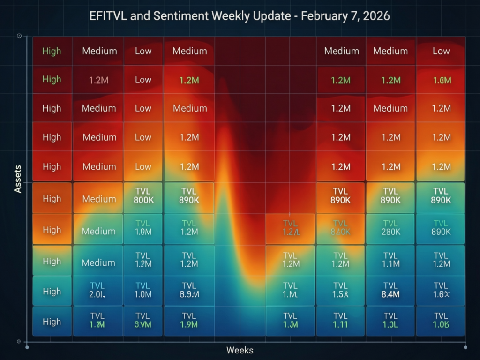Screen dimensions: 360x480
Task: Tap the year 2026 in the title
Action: point(373,15)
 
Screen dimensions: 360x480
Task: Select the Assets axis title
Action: point(18,179)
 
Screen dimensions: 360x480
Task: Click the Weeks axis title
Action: point(240,350)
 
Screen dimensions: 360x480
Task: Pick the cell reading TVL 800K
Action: point(143,195)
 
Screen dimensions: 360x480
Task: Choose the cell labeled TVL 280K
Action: point(390,227)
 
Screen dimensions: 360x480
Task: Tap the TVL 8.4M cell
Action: point(390,290)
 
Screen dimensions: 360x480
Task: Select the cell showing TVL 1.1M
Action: point(390,259)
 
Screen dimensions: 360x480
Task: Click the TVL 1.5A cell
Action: point(340,290)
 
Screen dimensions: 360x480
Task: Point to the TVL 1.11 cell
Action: point(340,320)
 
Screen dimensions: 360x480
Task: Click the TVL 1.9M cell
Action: point(189,320)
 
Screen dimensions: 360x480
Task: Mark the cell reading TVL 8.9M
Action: point(189,290)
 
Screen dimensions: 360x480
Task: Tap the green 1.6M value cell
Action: point(441,80)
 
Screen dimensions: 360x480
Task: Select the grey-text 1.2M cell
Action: point(98,80)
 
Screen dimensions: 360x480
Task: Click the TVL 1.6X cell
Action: point(441,290)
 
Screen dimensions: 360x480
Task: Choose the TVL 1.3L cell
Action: point(390,320)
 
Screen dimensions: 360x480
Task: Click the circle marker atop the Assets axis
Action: point(19,36)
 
